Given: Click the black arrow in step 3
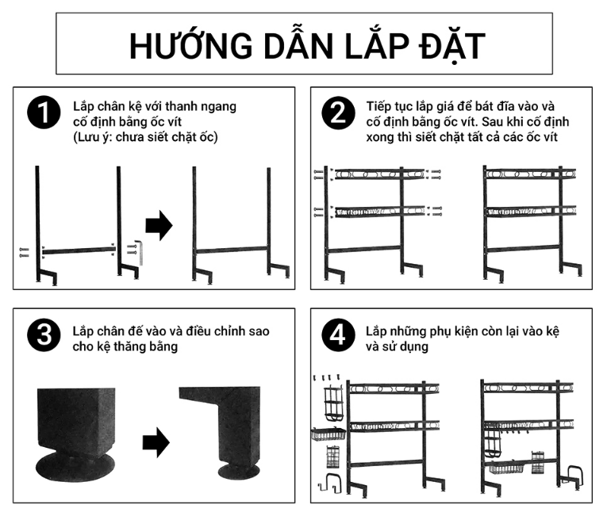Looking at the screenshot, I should (156, 442).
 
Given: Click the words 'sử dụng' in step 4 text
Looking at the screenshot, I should (405, 346).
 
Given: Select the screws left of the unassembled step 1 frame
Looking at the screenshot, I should (23, 252).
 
